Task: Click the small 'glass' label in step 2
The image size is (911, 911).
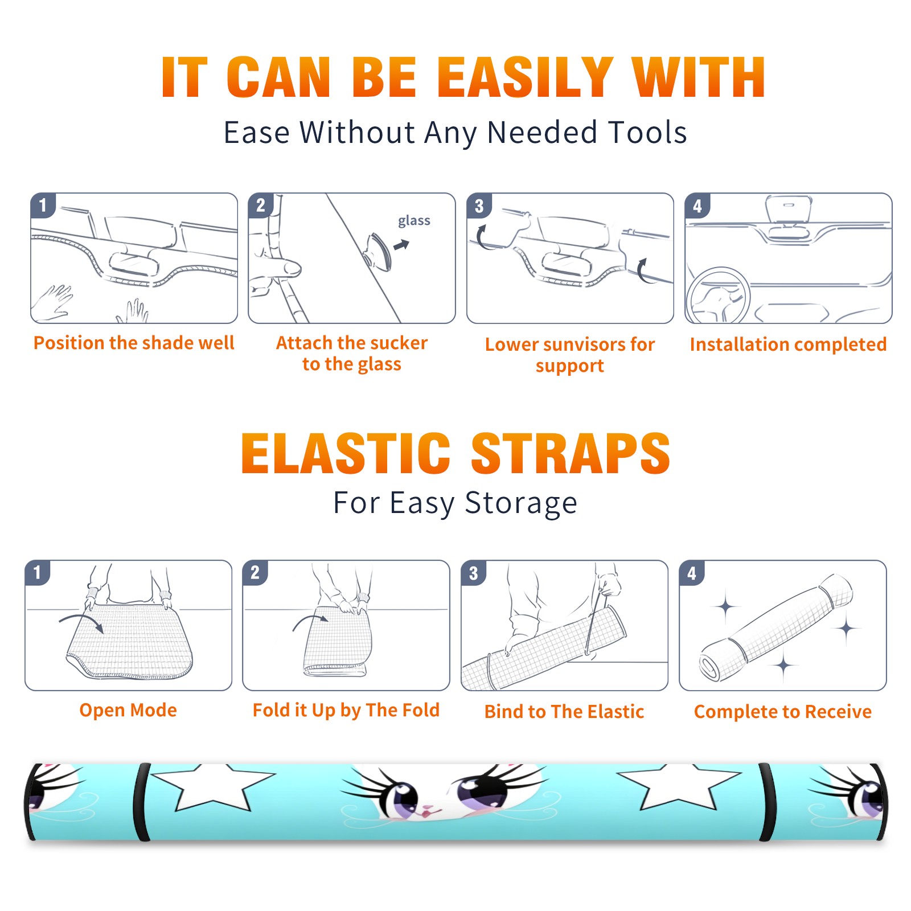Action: (414, 221)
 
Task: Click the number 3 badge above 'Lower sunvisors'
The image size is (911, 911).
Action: (479, 206)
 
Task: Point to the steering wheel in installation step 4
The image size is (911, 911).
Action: (718, 296)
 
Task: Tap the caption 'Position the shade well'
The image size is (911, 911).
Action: (134, 343)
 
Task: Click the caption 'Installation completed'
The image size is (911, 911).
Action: (788, 344)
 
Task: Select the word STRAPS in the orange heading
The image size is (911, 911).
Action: (571, 453)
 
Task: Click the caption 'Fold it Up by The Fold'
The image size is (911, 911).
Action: (346, 710)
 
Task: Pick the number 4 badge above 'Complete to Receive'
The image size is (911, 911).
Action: (692, 573)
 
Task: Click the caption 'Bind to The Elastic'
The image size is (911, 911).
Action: (564, 712)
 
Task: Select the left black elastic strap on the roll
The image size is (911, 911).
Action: (142, 802)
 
